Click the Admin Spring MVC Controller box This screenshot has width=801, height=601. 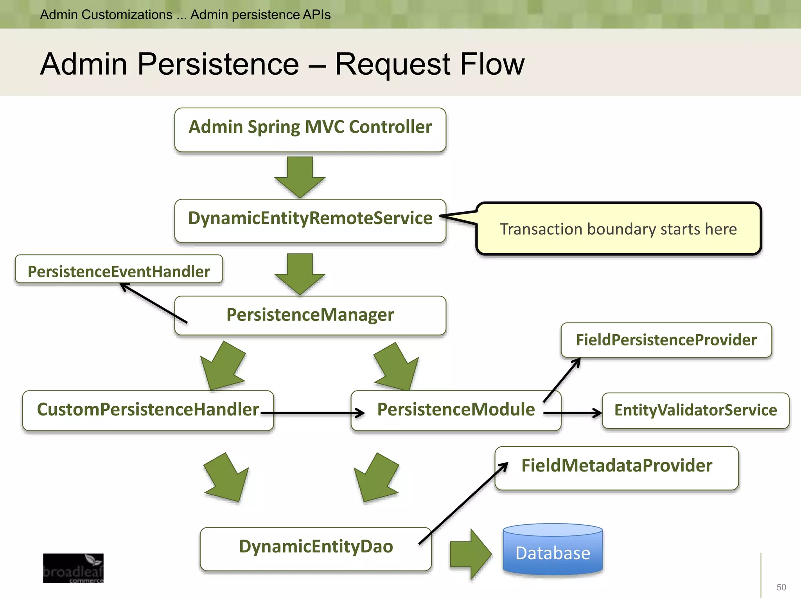(x=310, y=130)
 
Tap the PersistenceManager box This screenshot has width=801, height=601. (x=310, y=315)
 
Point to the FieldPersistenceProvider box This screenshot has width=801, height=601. (x=666, y=340)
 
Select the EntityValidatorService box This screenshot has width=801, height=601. (x=695, y=410)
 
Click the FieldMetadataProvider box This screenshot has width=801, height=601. (x=616, y=468)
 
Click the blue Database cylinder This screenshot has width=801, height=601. (x=553, y=551)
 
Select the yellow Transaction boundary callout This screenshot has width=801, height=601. (x=618, y=229)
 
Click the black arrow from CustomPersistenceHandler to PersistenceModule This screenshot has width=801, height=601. (x=313, y=413)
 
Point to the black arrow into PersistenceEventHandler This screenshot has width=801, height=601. (x=153, y=303)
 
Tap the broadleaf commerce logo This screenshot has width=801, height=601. (x=73, y=568)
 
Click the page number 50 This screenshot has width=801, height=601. (x=781, y=587)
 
